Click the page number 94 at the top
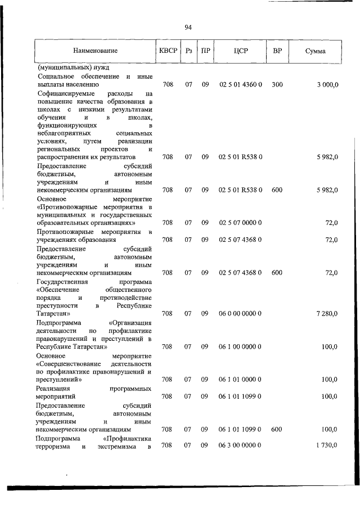pos(188,26)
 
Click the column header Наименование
pos(94,51)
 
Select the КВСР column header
pos(168,51)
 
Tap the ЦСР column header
pos(240,51)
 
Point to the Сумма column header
pos(316,51)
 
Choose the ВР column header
pos(277,51)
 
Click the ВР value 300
pos(277,84)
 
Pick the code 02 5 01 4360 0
pos(240,84)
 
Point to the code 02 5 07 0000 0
pos(240,223)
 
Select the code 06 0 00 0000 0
pos(240,313)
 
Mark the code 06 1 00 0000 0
pos(240,346)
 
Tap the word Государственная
pos(64,281)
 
